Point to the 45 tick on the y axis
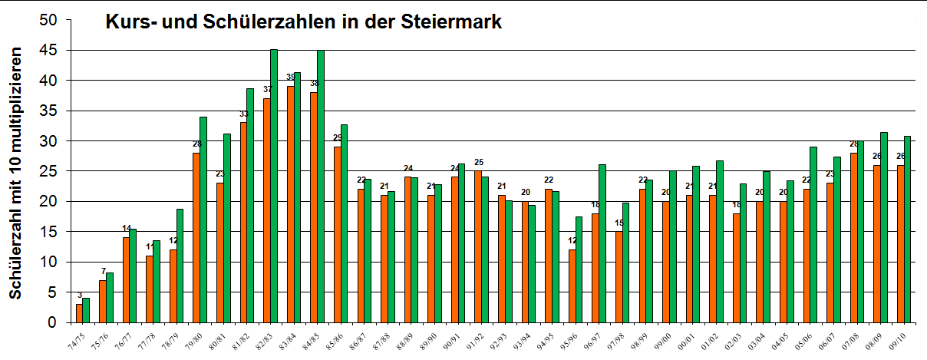point(51,51)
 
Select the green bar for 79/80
point(203,220)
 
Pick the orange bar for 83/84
point(290,204)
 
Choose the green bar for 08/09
point(883,227)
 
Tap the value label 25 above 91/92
point(479,163)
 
